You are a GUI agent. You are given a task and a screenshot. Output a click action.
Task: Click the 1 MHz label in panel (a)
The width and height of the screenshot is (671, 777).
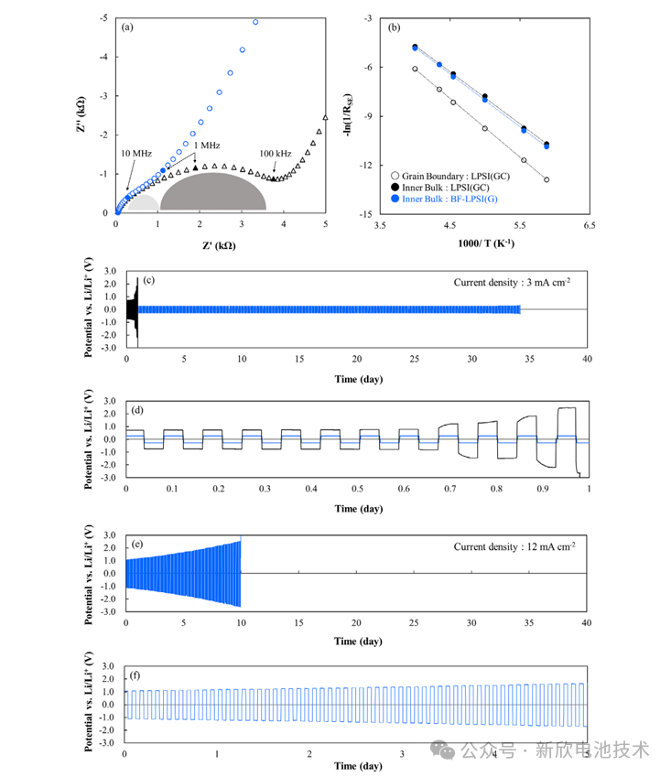click(207, 146)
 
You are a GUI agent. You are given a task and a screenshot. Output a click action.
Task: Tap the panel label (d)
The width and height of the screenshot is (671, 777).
click(137, 409)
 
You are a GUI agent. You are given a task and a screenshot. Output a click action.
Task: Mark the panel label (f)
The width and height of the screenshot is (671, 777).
click(136, 674)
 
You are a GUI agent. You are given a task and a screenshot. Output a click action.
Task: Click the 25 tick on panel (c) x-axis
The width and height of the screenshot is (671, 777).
click(414, 358)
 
